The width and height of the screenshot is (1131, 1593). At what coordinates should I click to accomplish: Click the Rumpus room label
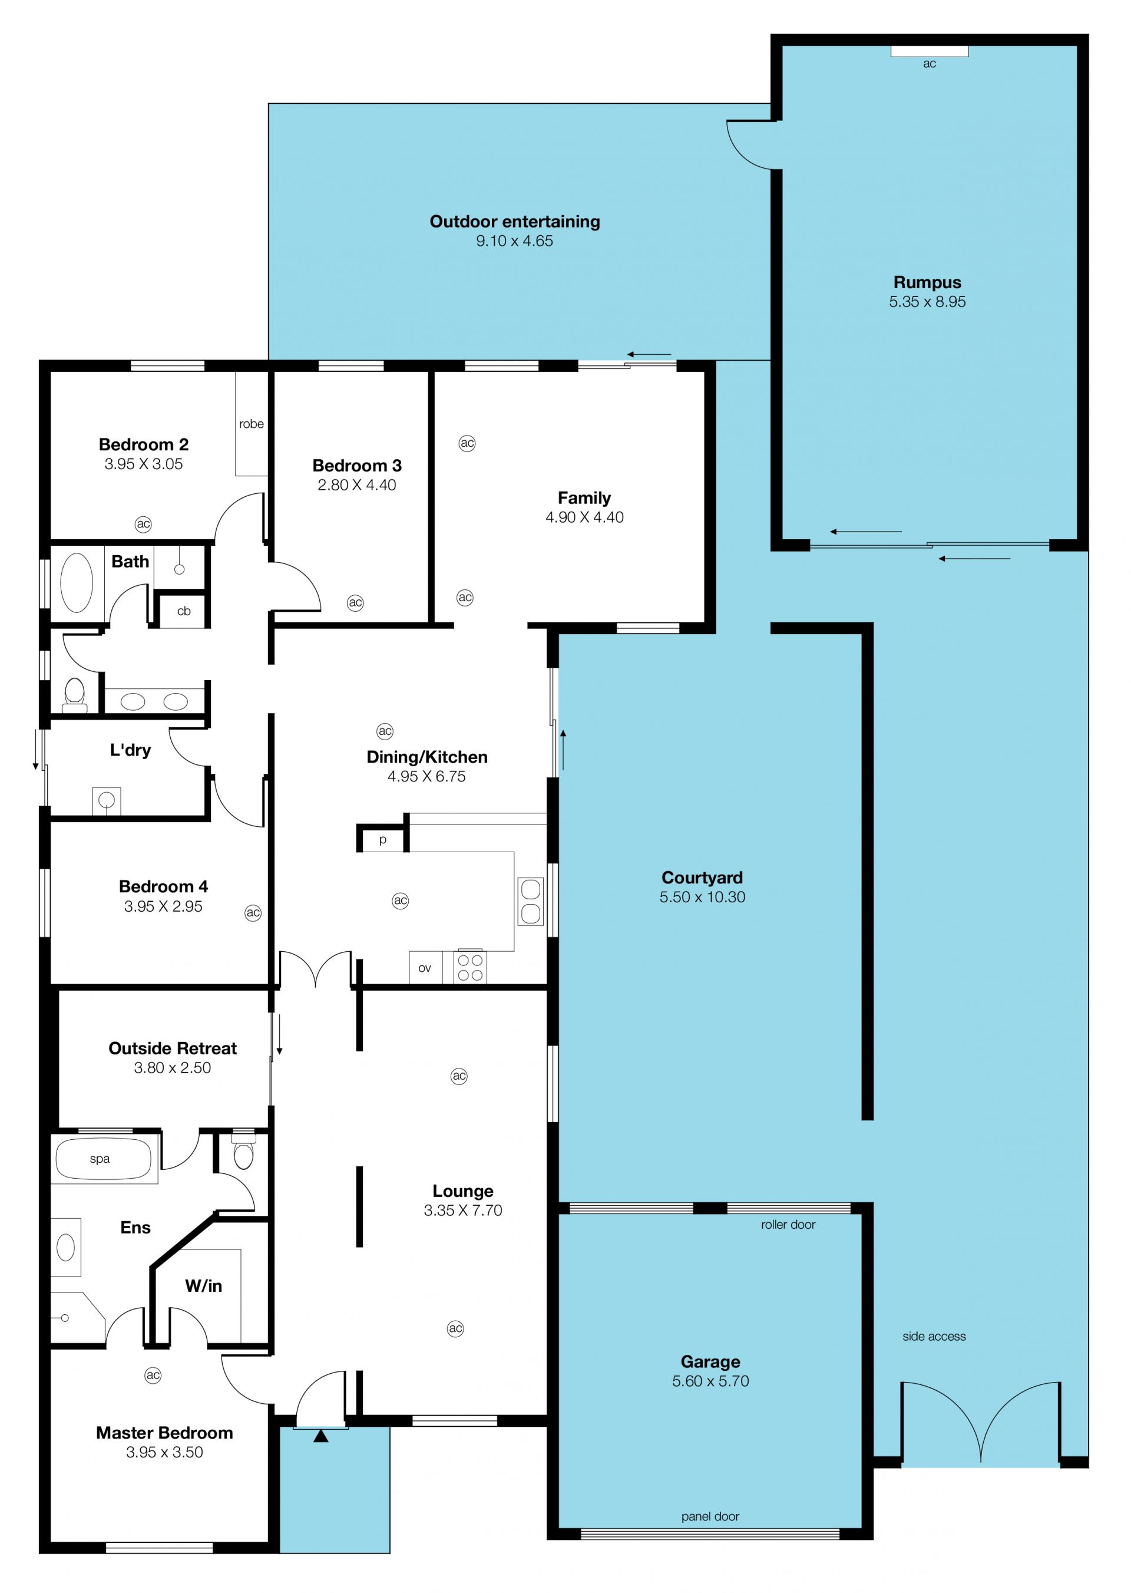927,282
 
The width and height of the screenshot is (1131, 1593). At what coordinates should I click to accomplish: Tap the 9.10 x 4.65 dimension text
515,241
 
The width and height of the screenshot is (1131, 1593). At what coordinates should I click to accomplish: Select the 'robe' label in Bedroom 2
252,424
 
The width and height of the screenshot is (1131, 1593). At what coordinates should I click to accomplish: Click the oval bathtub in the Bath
77,582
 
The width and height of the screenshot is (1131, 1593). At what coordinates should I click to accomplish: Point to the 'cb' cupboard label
184,611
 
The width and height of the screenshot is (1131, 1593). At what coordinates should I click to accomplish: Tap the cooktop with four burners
470,968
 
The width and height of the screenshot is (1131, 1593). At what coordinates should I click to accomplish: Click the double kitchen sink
531,901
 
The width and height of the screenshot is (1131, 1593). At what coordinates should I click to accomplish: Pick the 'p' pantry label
382,840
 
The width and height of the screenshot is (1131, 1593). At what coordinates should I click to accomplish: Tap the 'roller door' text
788,1225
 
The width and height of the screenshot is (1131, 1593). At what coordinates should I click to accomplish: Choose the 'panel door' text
710,1516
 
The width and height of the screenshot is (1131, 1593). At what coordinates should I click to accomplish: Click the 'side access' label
934,1337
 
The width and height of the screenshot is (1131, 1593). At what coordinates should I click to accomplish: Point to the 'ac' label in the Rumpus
929,64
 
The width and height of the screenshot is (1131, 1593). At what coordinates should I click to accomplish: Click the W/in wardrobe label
203,1286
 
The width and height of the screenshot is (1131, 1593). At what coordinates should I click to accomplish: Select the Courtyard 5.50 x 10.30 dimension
702,897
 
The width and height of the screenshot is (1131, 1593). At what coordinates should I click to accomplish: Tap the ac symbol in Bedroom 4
253,913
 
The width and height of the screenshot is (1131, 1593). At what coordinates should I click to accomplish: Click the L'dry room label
130,750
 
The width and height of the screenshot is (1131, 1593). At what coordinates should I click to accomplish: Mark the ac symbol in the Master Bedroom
153,1375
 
